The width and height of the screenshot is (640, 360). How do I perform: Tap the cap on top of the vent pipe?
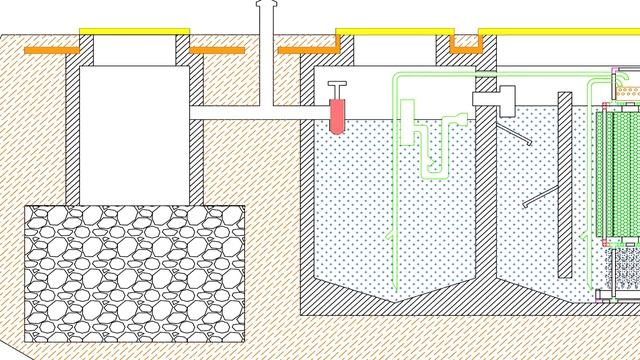pos(265,5)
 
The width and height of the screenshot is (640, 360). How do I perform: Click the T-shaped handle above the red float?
pos(338,87)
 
